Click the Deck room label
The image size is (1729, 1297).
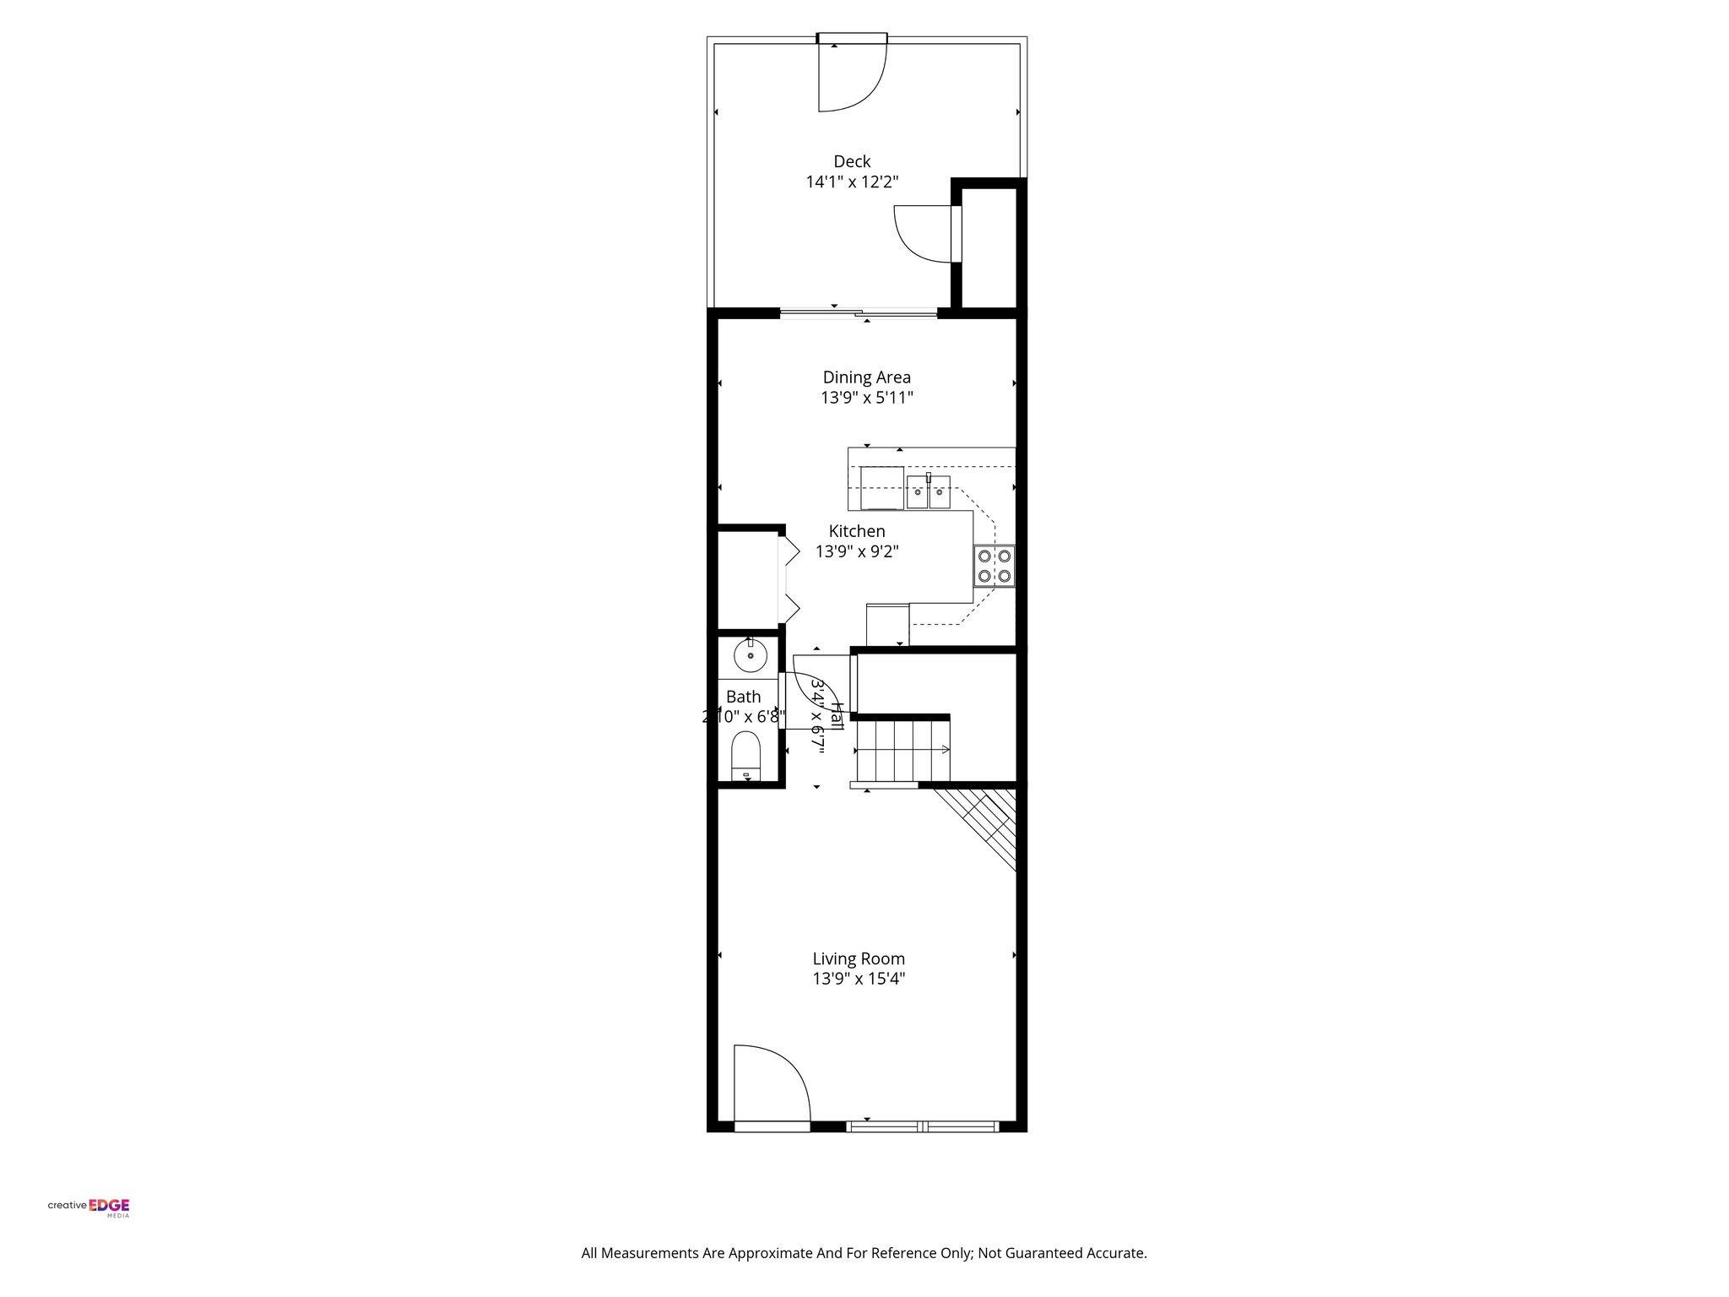852,161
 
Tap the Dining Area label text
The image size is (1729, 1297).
866,377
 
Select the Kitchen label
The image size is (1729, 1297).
857,531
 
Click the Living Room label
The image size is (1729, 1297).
859,958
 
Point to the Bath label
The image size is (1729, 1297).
743,697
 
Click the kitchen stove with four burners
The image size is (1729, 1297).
994,566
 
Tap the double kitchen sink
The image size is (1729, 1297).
929,492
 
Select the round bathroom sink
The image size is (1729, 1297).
750,655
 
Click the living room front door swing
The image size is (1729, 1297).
768,1085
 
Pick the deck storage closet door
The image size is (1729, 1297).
924,233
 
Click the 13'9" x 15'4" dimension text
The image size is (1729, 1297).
859,980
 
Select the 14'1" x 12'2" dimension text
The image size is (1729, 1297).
852,182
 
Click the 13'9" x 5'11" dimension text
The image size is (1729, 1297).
866,398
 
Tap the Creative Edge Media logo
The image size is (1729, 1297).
89,1207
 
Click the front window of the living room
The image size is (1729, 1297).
923,1126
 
